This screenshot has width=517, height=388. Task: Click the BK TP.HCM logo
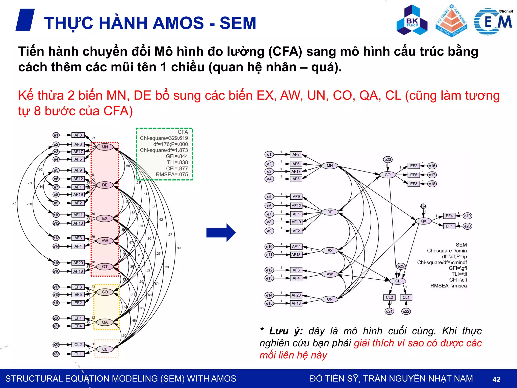coord(412,20)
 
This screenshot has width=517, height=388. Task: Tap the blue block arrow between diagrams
coord(221,233)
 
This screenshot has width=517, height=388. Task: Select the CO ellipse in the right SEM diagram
coord(387,175)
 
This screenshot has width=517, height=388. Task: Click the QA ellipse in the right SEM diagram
coord(423,221)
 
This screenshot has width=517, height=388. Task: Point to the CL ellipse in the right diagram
coord(398,281)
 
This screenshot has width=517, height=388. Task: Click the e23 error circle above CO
coord(387,159)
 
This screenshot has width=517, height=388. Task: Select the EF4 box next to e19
coord(449,216)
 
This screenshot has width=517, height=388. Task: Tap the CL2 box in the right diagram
coord(389,297)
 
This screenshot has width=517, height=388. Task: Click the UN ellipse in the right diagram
coord(330,299)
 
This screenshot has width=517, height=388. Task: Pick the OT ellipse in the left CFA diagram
coord(105,266)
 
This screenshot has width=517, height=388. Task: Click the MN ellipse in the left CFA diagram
coord(105,147)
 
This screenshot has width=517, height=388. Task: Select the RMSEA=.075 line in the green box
coord(172,174)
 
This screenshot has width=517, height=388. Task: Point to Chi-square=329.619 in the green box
coord(164,138)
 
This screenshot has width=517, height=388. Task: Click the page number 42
coord(496,379)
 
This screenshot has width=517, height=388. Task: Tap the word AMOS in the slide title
coord(178,23)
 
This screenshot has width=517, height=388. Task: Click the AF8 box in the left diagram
coord(78,135)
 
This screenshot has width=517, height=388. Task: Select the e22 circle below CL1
coord(406,311)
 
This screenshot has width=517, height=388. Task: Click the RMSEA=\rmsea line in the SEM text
coord(448,286)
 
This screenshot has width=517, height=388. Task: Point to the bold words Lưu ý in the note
coord(286,331)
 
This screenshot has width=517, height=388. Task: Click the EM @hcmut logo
coord(493,21)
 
